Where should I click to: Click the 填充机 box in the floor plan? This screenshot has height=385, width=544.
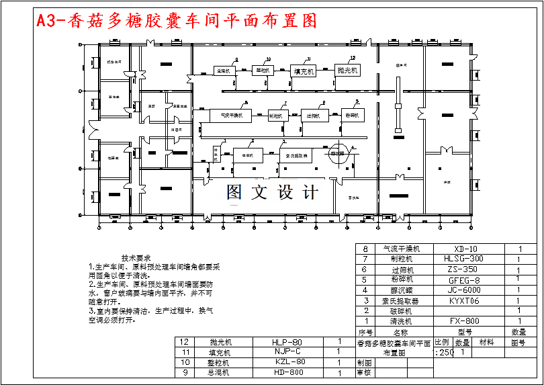(304, 71)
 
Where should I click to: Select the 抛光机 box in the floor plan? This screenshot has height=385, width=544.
(348, 69)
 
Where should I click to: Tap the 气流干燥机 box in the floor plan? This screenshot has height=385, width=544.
(230, 116)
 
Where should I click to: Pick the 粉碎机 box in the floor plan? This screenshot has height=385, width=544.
(355, 115)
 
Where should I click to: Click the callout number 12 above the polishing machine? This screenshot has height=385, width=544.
(353, 58)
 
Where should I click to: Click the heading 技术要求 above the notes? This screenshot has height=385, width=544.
(136, 258)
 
